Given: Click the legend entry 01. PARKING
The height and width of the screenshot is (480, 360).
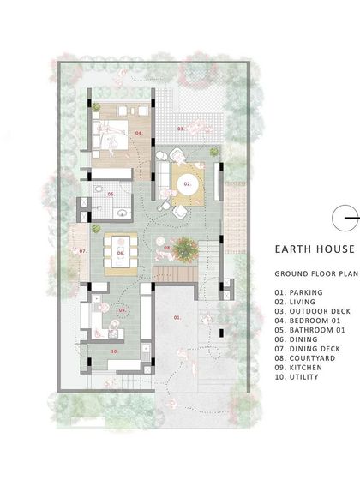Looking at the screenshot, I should [x=299, y=293].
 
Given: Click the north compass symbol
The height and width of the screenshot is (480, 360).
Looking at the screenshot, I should [x=348, y=219].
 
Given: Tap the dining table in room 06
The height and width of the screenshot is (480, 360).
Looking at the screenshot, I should [x=121, y=253].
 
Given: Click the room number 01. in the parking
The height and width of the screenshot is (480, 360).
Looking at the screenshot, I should [x=177, y=318].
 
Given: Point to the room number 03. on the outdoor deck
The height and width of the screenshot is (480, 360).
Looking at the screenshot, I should [x=181, y=129].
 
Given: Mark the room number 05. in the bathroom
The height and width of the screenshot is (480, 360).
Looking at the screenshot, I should [x=111, y=195].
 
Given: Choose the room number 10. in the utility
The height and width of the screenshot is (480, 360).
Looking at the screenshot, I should [x=115, y=351].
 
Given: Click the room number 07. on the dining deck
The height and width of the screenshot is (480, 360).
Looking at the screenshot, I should [x=82, y=251].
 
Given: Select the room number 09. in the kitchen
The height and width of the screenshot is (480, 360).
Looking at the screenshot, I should [x=122, y=309].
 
